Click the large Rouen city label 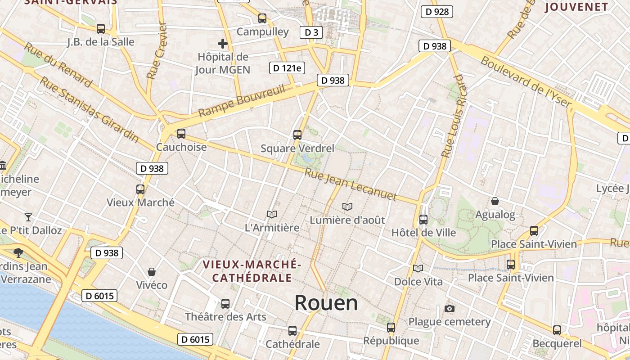[326, 303]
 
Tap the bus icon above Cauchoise [181, 134]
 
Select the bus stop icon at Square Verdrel [297, 135]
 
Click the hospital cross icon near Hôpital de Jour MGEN [222, 44]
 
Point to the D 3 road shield [311, 32]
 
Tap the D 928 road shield [436, 12]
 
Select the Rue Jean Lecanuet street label [351, 184]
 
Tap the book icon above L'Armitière [271, 214]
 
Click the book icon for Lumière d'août [347, 207]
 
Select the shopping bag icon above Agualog [495, 201]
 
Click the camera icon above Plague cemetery [449, 308]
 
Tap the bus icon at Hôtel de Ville [423, 220]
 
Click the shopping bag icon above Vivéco [152, 272]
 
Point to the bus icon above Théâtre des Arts [225, 304]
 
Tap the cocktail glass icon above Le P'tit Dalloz [28, 217]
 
